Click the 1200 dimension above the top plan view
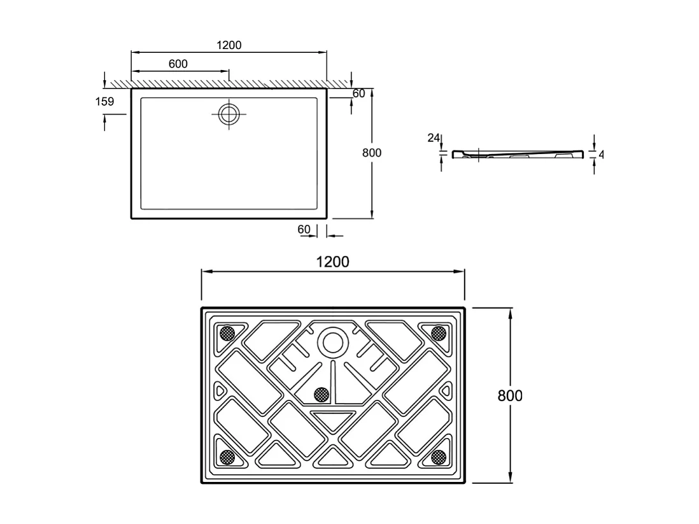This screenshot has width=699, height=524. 229,45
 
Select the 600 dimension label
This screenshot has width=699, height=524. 178,64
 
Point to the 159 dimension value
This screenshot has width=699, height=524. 105,101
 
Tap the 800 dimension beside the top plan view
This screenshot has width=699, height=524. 371,153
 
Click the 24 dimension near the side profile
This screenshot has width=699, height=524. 434,138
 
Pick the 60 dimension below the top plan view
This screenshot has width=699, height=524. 304,229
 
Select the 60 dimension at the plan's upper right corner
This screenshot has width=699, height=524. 358,94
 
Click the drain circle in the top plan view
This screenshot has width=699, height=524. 229,115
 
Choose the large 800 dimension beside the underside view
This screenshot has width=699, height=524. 509,395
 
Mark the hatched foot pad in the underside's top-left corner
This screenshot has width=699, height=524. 226,332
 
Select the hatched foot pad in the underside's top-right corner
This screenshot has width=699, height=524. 438,332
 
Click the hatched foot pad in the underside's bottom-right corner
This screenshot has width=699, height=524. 438,456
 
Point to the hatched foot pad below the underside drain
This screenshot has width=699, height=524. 322,395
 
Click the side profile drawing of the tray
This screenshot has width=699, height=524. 518,154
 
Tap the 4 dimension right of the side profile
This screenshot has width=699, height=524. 600,155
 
